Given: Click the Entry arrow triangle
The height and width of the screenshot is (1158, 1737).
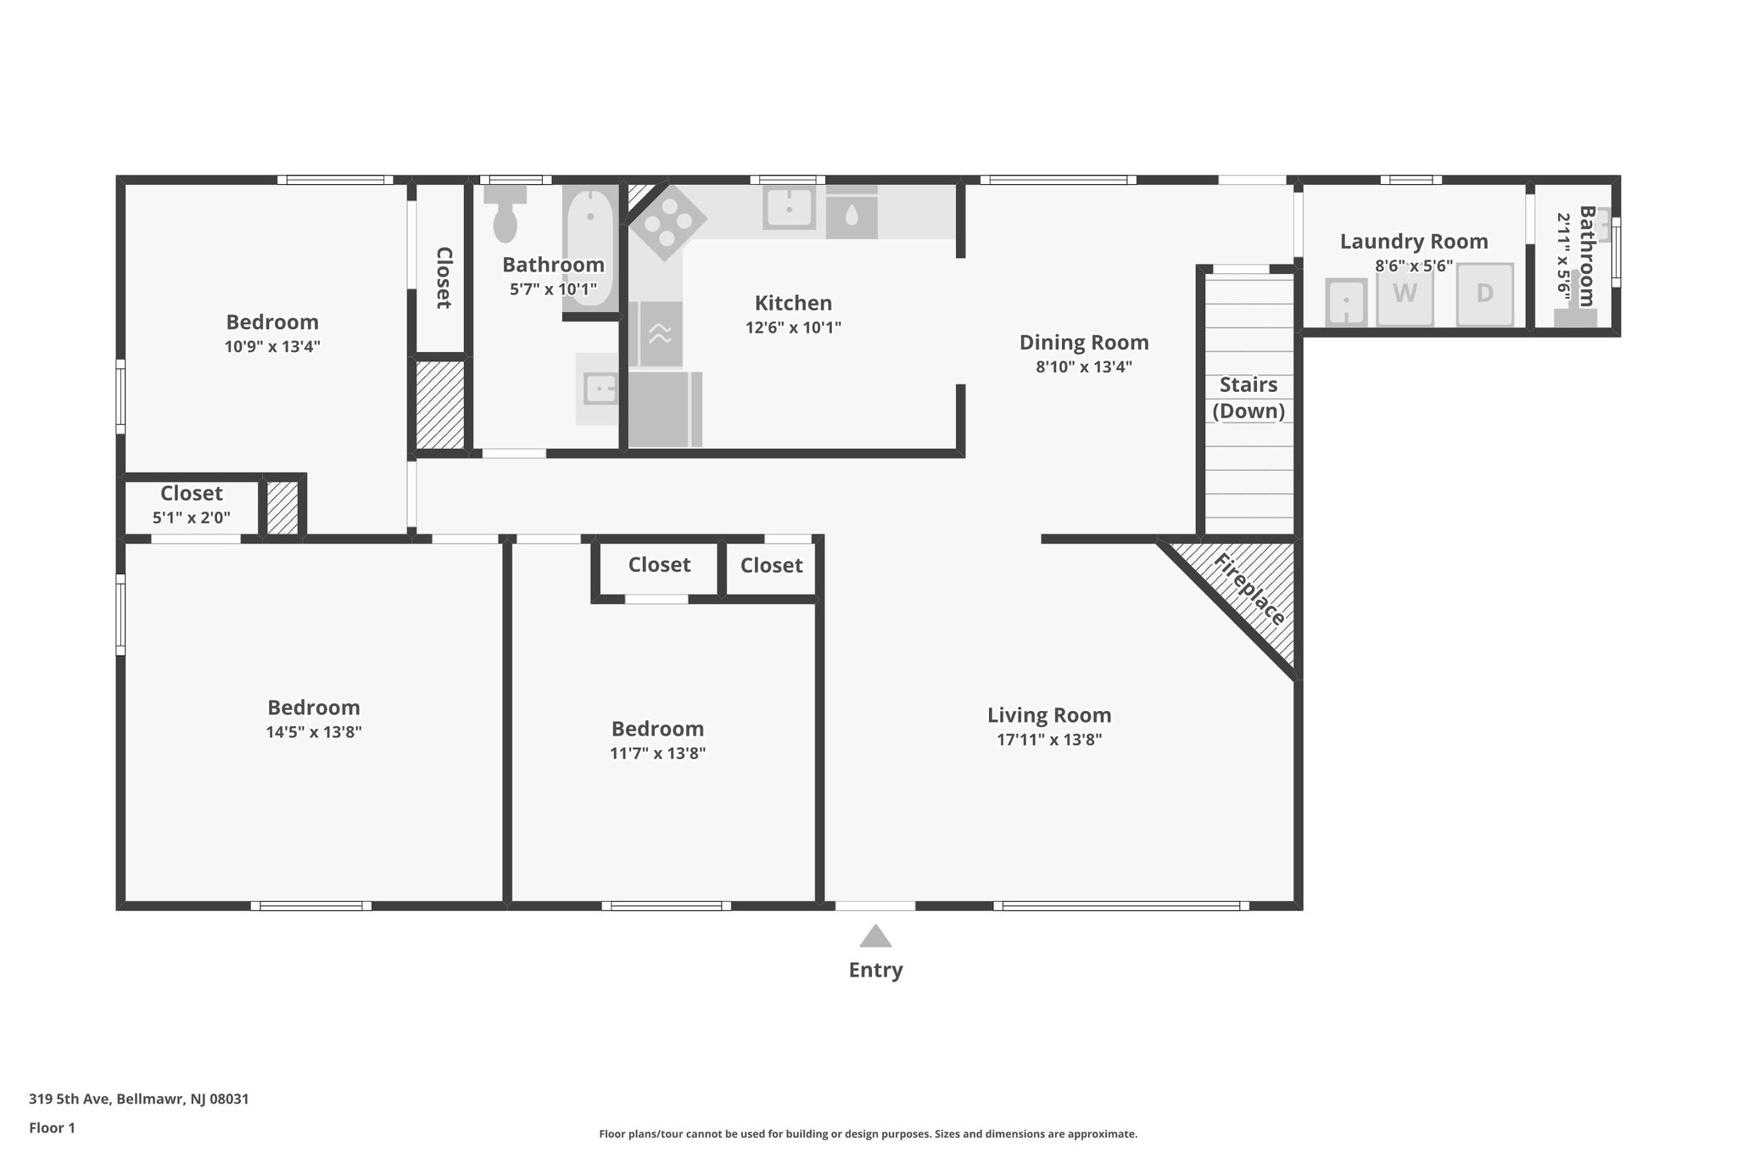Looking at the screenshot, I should coord(875,936).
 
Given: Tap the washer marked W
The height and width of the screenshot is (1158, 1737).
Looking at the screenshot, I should coord(1405,294).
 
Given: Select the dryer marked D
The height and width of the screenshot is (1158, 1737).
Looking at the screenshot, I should coord(1484,294).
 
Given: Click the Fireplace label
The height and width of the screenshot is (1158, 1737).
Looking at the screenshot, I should coord(1249,590).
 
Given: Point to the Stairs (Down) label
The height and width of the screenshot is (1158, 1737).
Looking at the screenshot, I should coord(1248,398).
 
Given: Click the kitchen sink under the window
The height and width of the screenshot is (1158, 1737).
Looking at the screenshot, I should coord(789,208).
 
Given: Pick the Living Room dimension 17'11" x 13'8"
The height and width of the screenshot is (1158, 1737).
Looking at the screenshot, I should coord(1049,740).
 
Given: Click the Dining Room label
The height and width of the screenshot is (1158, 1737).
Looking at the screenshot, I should coord(1084,343).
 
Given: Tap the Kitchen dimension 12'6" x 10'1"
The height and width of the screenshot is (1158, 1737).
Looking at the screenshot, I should coord(793,327).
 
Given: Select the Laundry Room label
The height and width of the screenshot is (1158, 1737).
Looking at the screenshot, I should coord(1414,242).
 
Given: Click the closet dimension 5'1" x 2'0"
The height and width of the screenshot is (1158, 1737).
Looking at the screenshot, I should coord(192,517).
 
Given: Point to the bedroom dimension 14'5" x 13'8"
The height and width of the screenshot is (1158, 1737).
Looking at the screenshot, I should coord(314,732).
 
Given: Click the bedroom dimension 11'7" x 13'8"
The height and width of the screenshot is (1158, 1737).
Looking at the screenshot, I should coord(657,753).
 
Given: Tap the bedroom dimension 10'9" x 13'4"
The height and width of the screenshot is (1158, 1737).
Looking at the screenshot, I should coord(272,346).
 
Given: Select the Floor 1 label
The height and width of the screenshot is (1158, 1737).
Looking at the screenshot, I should coord(52,1127).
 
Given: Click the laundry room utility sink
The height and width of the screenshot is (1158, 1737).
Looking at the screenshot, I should coord(1346,301).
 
